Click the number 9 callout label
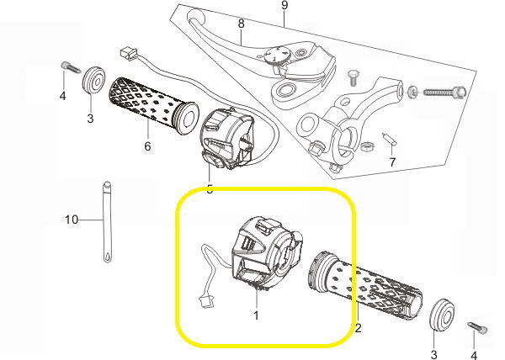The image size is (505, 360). point(284,6)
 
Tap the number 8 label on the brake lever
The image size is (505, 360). point(241,24)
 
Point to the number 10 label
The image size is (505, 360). point(72,220)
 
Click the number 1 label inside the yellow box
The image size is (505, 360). point(257,315)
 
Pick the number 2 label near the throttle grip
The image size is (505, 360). point(357,327)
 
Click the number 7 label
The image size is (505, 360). point(391,161)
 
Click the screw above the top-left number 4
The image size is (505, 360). point(66,66)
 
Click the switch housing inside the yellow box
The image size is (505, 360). point(261,249)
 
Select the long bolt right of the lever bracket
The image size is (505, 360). point(443,92)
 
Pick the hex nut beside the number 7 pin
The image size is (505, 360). point(367,147)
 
